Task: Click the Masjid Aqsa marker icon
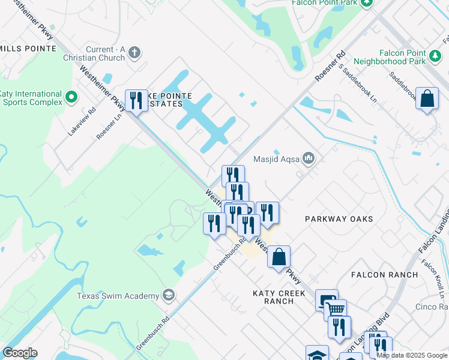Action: pyautogui.click(x=309, y=158)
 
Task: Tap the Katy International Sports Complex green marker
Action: pyautogui.click(x=71, y=96)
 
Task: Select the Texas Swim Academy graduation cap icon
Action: pyautogui.click(x=169, y=295)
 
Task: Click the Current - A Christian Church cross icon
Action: pyautogui.click(x=134, y=52)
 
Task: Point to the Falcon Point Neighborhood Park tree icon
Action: pyautogui.click(x=435, y=56)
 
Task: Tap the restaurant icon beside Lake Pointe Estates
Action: pyautogui.click(x=136, y=100)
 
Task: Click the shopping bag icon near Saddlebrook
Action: pyautogui.click(x=427, y=98)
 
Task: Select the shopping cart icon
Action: pyautogui.click(x=336, y=309)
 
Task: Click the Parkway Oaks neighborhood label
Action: pyautogui.click(x=339, y=219)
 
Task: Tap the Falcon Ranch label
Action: pyautogui.click(x=385, y=275)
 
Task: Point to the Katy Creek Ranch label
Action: pyautogui.click(x=279, y=297)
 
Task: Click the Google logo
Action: pyautogui.click(x=20, y=353)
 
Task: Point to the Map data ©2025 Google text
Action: pyautogui.click(x=412, y=355)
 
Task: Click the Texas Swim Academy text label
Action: pyautogui.click(x=118, y=295)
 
